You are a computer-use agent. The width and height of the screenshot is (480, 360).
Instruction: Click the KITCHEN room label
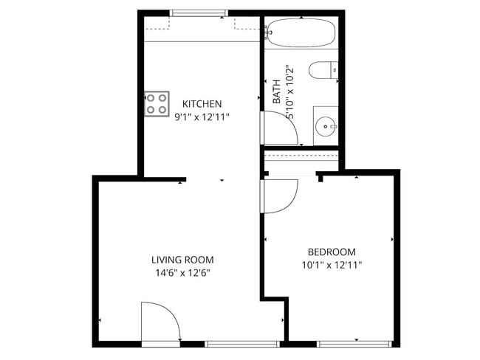point(202,104)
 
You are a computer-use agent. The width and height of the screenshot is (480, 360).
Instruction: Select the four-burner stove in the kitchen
point(156,103)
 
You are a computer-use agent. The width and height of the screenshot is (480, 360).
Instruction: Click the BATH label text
point(277,91)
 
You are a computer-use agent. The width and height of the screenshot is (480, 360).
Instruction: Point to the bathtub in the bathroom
point(301,32)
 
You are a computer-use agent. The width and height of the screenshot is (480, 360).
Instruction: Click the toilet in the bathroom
point(323,71)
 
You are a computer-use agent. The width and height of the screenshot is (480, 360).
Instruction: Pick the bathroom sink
point(326,126)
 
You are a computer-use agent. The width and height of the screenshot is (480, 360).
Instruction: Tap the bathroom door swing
point(280,128)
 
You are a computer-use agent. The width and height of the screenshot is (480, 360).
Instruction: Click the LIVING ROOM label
point(182,260)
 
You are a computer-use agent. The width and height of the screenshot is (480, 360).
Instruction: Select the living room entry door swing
point(159,322)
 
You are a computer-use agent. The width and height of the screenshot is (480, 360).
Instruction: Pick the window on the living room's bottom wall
point(241,344)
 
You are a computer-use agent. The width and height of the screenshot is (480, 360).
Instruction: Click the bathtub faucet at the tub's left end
point(267,32)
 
